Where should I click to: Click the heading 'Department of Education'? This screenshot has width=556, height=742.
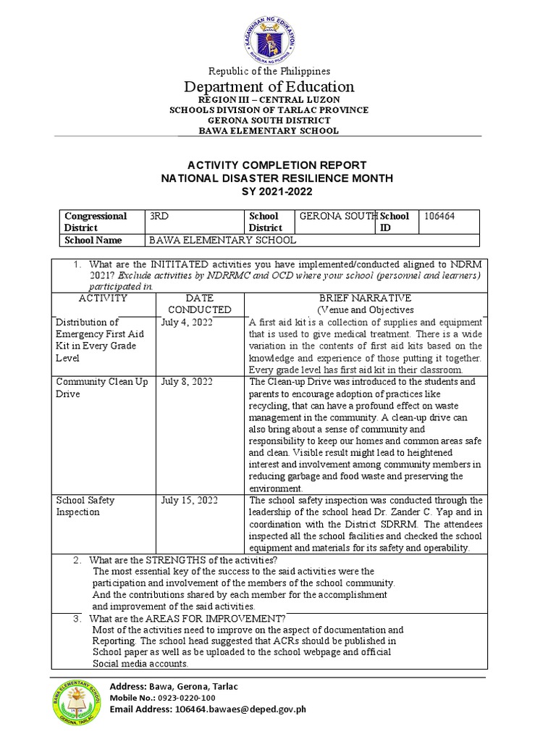pyautogui.click(x=269, y=87)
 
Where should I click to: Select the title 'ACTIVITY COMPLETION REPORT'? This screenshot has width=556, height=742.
pyautogui.click(x=269, y=165)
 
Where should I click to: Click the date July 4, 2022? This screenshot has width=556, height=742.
pyautogui.click(x=187, y=322)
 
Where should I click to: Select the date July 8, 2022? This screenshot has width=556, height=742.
pyautogui.click(x=187, y=382)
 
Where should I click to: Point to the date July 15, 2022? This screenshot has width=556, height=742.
pyautogui.click(x=189, y=501)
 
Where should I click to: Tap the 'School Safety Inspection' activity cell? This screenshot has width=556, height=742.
pyautogui.click(x=85, y=507)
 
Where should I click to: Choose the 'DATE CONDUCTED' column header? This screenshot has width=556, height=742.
pyautogui.click(x=199, y=304)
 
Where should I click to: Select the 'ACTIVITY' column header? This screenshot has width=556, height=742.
pyautogui.click(x=103, y=298)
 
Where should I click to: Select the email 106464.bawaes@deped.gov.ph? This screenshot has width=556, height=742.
pyautogui.click(x=240, y=709)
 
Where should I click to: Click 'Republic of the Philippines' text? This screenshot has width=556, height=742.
pyautogui.click(x=269, y=71)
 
